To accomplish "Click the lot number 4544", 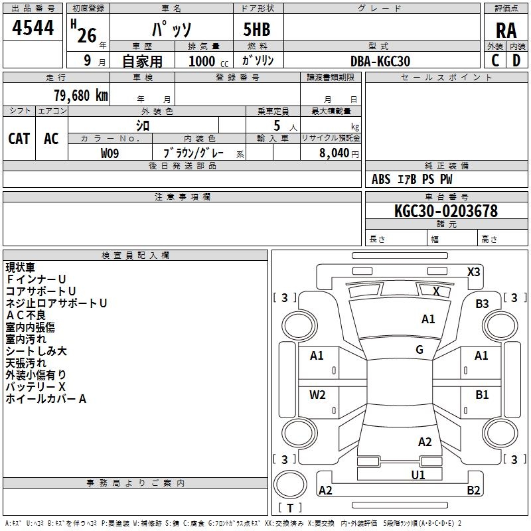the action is tap(33, 28).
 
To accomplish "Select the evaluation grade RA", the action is tap(506, 31).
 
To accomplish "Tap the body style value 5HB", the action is tap(257, 29).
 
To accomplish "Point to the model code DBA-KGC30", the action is tap(380, 61).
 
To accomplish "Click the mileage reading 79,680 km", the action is tap(81, 95).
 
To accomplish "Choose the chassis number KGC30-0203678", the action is tap(446, 211).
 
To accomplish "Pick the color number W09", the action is tap(110, 153).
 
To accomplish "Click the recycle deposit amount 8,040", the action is tap(334, 153).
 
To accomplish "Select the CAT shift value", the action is tap(19, 139).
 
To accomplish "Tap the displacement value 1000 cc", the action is tap(208, 61).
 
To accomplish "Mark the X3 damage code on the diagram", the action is tap(473, 272).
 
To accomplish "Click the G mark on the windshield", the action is tap(419, 350).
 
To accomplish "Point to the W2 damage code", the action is tap(317, 395).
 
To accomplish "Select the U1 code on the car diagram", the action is tap(418, 475).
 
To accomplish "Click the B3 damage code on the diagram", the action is tap(482, 304).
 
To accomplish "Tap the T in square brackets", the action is tap(290, 508).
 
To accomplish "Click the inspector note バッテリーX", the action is tap(36, 387).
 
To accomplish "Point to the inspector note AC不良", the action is tap(26, 315).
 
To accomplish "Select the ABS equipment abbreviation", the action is tap(381, 179).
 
